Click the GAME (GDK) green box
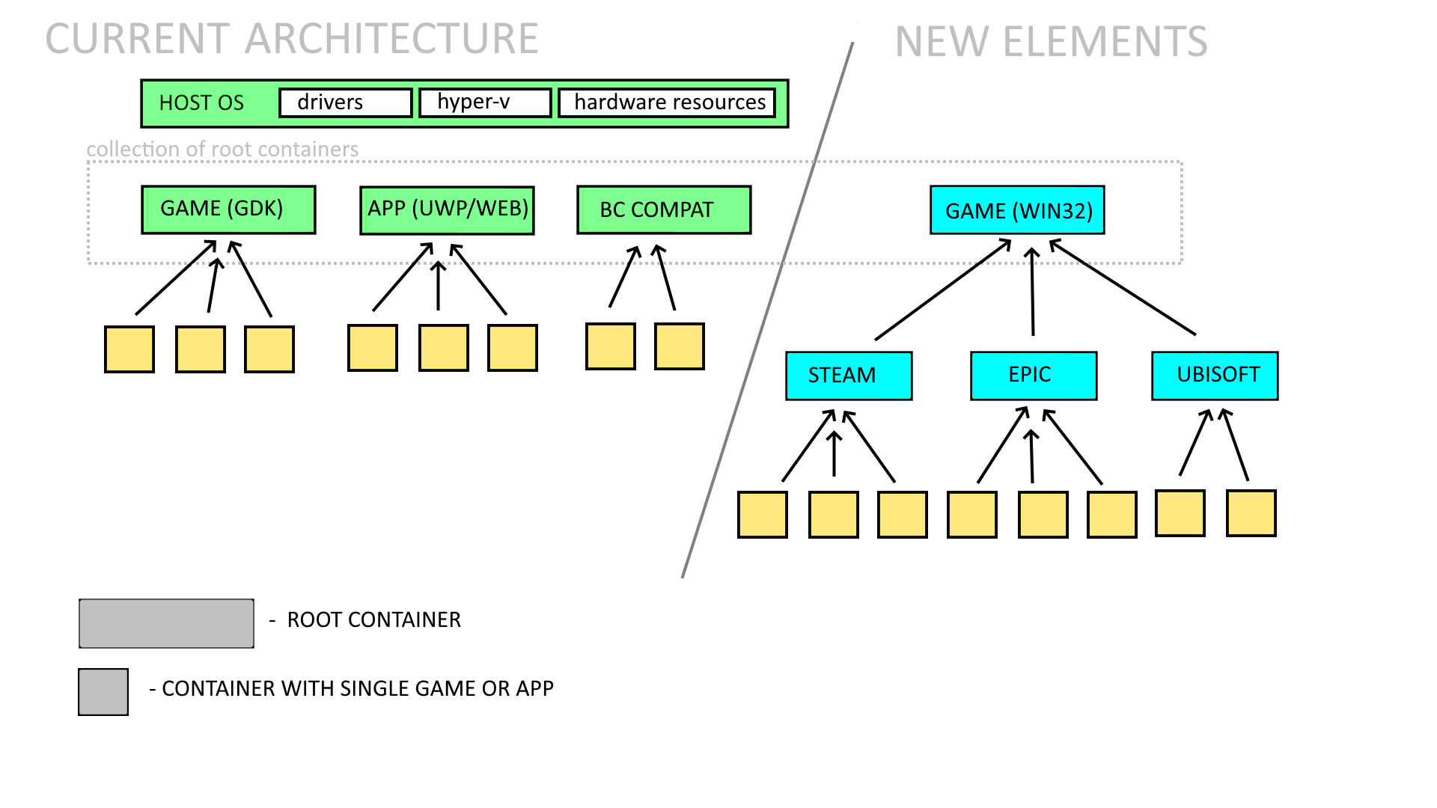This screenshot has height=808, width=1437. [228, 209]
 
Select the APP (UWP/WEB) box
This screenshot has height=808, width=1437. [447, 210]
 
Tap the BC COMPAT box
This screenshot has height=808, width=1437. [664, 210]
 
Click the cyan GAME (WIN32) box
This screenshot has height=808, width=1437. [1017, 210]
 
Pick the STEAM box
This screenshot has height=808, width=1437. [849, 376]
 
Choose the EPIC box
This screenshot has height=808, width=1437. [1034, 376]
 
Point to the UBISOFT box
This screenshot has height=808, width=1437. [1215, 376]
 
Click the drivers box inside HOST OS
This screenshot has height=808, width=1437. [345, 102]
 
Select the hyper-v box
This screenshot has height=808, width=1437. [485, 102]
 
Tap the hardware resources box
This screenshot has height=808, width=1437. [667, 102]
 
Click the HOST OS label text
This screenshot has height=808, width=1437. [201, 103]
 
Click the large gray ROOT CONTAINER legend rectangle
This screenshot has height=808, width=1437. [166, 623]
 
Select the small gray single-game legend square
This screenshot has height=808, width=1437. [103, 692]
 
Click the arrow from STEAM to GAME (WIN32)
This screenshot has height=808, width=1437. [943, 290]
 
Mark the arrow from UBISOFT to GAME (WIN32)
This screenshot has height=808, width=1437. [1123, 287]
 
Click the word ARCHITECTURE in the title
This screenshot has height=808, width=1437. [391, 39]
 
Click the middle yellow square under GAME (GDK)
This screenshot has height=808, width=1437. [201, 349]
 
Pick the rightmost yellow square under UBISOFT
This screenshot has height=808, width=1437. [1251, 513]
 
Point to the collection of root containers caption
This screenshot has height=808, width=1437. [222, 150]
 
